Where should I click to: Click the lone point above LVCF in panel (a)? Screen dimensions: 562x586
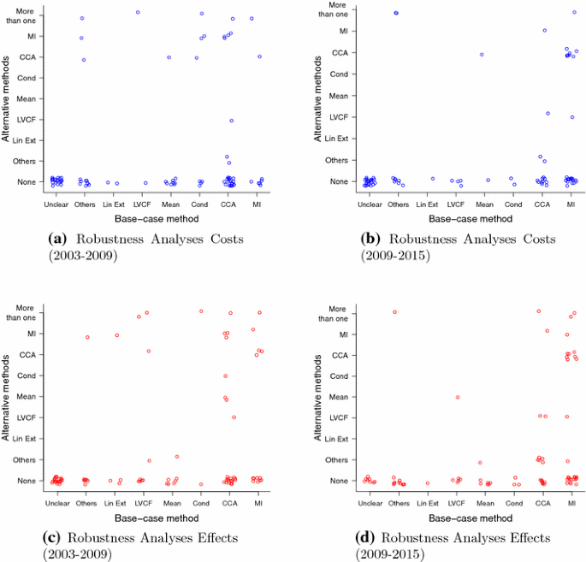[x=138, y=12]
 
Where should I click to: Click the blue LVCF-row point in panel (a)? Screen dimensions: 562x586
[x=231, y=121]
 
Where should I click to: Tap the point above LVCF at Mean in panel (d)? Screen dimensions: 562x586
[x=458, y=397]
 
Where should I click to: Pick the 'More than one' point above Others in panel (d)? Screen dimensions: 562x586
[x=394, y=312]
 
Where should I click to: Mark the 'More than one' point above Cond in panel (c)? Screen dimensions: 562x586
[x=201, y=311]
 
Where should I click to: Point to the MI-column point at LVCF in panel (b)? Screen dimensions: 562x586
[x=572, y=117]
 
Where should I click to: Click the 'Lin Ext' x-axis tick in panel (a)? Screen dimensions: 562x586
[x=112, y=205]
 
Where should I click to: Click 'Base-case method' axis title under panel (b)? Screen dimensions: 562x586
[x=471, y=218]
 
